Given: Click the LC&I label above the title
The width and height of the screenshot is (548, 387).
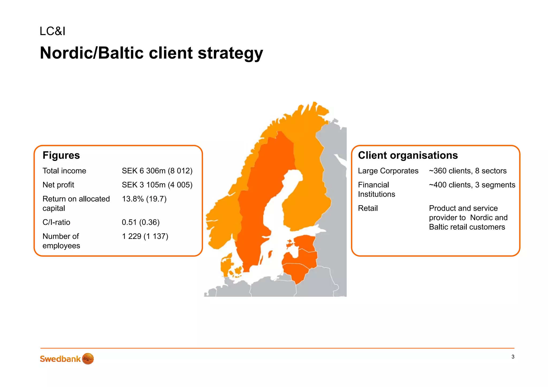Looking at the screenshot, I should tap(52, 31).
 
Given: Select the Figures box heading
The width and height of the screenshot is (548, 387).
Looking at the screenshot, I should tap(61, 155).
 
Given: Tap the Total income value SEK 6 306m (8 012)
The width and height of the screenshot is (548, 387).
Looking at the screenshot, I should tap(157, 171).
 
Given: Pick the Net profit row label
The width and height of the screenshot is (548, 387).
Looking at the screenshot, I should tap(58, 185).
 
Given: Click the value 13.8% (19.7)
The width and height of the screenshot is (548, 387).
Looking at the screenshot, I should tap(144, 199).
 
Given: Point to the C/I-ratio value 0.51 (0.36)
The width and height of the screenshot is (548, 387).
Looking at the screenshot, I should tap(140, 222).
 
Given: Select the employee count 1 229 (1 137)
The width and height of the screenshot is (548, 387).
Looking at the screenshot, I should tap(145, 236).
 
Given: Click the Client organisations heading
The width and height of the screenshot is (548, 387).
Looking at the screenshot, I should tap(408, 155).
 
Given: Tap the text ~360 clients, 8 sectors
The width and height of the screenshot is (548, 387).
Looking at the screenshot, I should tap(468, 171).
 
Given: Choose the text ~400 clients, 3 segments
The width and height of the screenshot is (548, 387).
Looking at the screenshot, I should tap(472, 185).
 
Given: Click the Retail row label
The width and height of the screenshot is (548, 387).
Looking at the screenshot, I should tap(368, 208).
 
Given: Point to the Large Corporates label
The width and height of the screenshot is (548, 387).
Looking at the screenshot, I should tap(388, 171).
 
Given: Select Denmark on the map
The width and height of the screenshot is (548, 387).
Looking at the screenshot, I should tap(226, 265).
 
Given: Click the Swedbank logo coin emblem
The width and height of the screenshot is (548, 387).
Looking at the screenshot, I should tap(88, 359).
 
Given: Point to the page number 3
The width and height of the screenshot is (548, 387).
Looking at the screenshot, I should tap(513, 357).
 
